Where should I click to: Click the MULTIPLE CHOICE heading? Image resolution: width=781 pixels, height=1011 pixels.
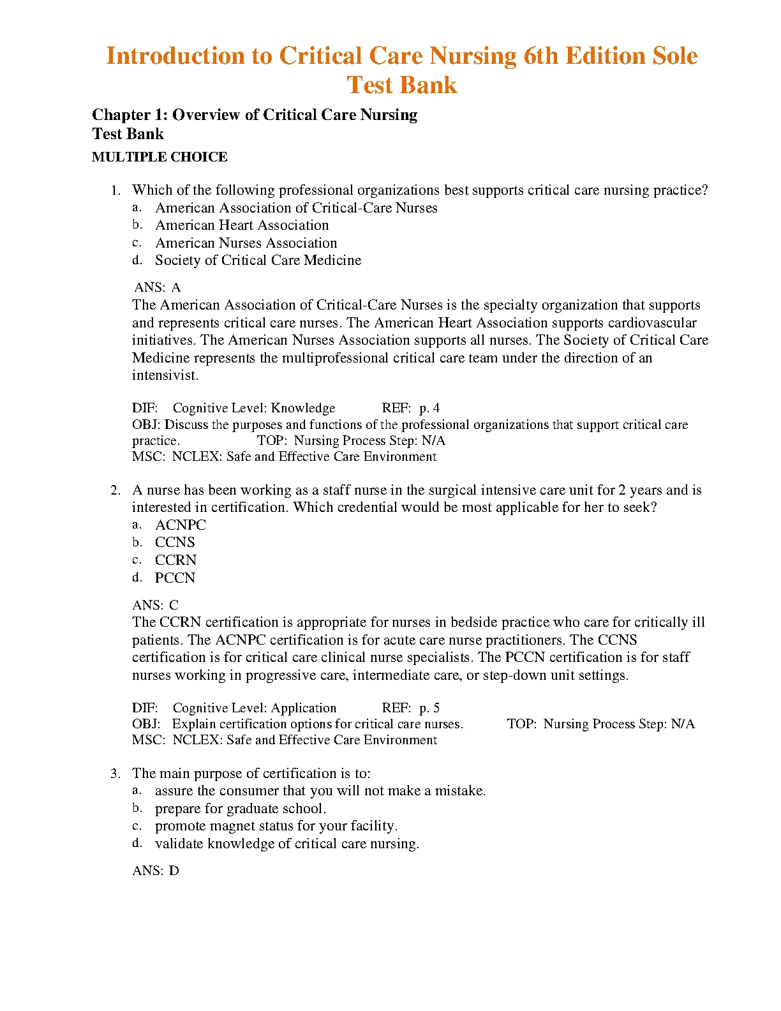(160, 157)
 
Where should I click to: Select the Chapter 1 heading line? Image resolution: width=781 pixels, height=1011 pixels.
(255, 115)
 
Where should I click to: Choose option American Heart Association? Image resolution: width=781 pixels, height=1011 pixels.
(242, 225)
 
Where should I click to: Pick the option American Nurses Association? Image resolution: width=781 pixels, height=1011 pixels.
(246, 243)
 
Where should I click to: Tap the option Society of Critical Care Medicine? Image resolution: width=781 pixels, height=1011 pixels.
(258, 260)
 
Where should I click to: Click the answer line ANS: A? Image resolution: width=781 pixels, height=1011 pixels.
(157, 288)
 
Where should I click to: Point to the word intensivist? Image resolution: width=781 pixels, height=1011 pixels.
(165, 375)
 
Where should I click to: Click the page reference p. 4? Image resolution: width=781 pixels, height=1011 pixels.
(429, 408)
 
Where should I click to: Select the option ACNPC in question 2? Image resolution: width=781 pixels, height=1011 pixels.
(181, 525)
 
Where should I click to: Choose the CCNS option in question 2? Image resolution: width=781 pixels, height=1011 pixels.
(175, 543)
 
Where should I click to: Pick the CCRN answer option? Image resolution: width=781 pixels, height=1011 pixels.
(175, 560)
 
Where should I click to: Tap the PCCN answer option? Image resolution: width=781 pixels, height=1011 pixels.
(175, 578)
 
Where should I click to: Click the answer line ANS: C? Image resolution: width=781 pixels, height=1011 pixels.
(156, 605)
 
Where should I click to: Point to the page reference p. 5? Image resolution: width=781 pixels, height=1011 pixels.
(429, 708)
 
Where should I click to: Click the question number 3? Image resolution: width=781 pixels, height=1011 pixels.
(115, 774)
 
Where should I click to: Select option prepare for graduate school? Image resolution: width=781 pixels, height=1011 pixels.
(240, 809)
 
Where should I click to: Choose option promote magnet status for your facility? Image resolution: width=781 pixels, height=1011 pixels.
(276, 826)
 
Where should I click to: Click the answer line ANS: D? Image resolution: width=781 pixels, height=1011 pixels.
(156, 871)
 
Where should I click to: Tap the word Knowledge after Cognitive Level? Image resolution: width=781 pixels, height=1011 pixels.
(303, 408)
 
